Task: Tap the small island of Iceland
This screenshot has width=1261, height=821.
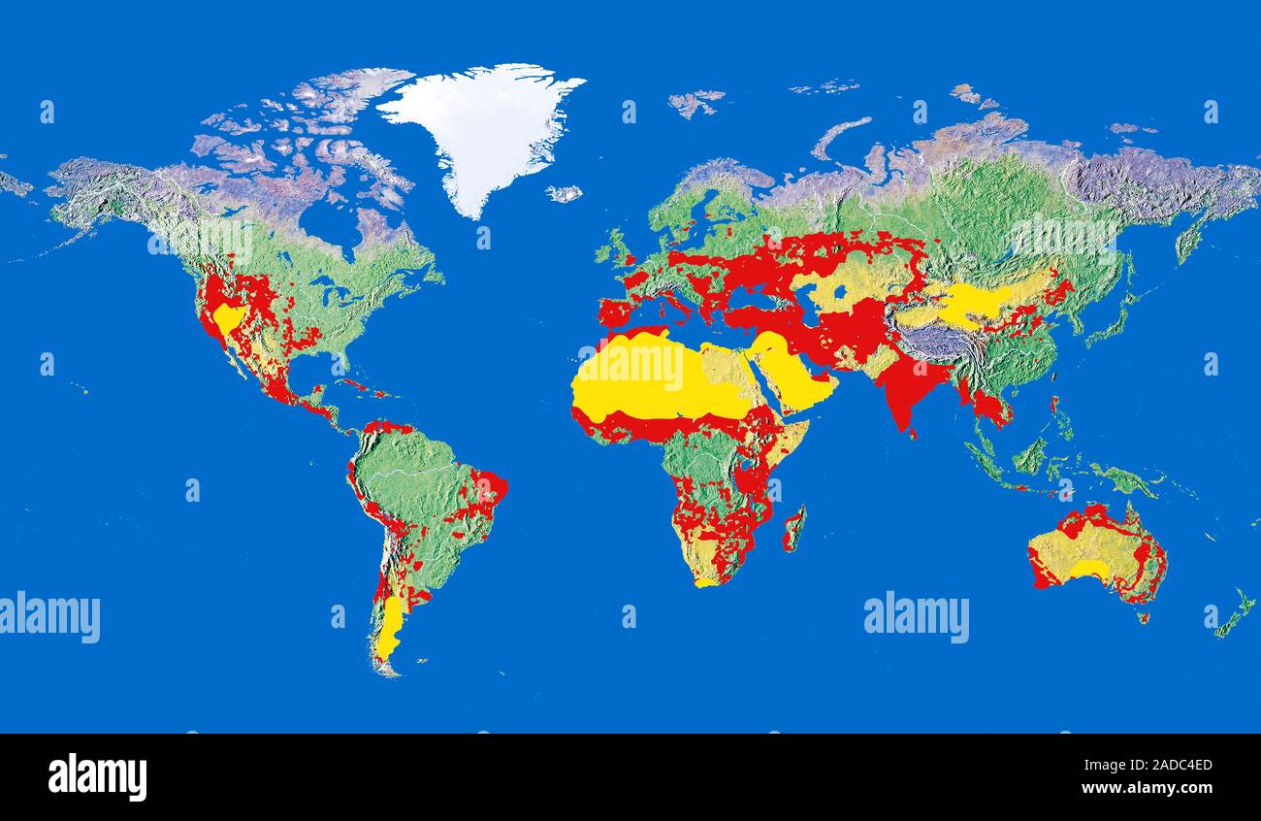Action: click(x=564, y=193)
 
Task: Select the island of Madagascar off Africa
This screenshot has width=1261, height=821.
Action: click(x=793, y=529)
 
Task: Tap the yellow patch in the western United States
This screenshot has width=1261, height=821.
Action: click(x=229, y=318)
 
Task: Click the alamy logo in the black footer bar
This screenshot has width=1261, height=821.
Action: click(x=97, y=776)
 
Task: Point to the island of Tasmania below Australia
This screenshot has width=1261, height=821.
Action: click(x=1143, y=616)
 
